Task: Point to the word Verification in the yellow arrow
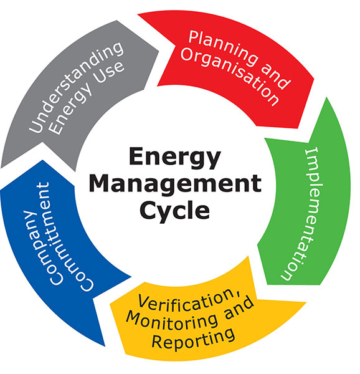pos(189,301)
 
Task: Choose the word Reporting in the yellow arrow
pos(193,340)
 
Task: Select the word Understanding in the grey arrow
pos(76,87)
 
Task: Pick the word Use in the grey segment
pos(110,72)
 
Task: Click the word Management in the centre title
pos(176,184)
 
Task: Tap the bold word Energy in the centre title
pos(175,158)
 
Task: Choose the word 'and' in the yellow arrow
pos(239,308)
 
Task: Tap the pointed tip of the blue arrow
pos(42,160)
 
